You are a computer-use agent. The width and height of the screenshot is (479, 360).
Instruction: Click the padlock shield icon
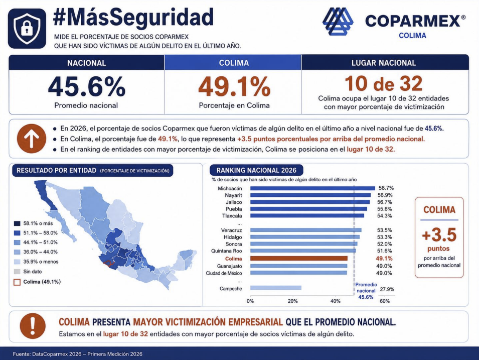(27, 29)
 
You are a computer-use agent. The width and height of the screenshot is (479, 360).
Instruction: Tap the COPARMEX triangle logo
(338, 21)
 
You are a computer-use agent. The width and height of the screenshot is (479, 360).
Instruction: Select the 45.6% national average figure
(86, 86)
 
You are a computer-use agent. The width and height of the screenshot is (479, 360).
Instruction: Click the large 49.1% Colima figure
(234, 86)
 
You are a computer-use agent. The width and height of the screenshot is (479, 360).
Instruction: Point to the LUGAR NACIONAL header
(384, 63)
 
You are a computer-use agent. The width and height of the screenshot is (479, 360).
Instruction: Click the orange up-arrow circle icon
(32, 139)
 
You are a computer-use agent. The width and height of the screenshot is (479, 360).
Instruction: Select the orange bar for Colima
(299, 259)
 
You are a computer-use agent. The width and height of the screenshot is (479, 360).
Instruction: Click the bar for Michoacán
(312, 188)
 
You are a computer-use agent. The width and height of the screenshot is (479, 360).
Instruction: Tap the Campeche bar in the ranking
(276, 288)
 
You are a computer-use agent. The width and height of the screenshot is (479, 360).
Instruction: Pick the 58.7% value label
(386, 188)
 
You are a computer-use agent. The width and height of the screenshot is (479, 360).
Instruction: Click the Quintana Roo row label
(226, 251)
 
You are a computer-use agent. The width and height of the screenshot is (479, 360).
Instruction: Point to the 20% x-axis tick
(292, 301)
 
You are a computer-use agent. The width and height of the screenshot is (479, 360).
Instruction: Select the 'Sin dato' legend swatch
(17, 272)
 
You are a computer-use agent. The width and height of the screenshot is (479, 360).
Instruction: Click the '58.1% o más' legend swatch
(17, 223)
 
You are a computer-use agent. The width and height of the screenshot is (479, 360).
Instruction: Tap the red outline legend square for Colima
(17, 282)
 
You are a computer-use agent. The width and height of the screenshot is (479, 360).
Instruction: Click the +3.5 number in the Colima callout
(439, 235)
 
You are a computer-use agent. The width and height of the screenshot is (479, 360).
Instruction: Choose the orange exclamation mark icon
(33, 326)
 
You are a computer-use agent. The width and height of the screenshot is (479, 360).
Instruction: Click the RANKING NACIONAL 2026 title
(256, 170)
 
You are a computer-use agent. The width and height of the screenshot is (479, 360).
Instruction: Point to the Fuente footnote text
(78, 354)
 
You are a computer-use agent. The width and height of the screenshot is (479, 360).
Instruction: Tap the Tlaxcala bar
(307, 215)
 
